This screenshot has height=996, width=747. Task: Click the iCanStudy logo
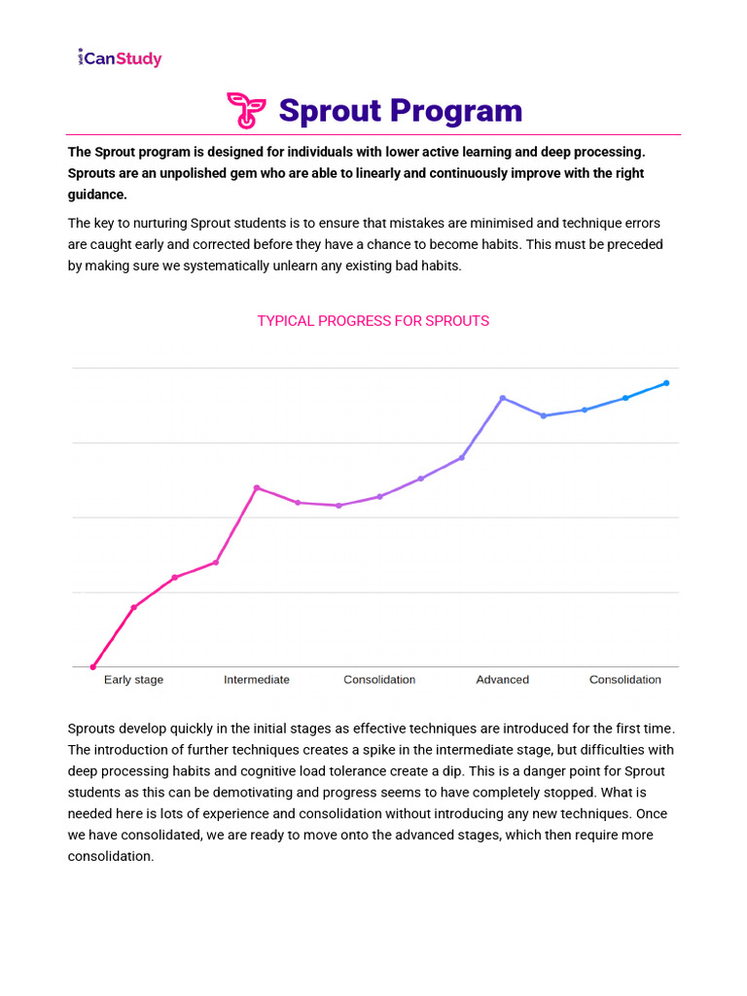tap(120, 58)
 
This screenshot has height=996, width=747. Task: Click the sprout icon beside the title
tap(246, 111)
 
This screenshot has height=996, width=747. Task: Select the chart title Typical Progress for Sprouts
tap(373, 321)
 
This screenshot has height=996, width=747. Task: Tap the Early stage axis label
tap(133, 680)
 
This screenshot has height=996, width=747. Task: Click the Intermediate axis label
tap(257, 680)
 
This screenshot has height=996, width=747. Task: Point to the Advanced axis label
tap(502, 680)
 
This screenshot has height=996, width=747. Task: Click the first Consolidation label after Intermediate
tap(379, 680)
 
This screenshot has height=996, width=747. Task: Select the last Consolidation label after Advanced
tap(624, 680)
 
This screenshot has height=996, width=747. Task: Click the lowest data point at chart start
tap(93, 667)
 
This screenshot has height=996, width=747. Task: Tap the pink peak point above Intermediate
tap(257, 487)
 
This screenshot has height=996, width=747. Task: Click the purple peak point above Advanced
tap(503, 398)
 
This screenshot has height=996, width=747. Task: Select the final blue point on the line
tap(666, 383)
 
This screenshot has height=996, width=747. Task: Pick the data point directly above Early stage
tap(134, 607)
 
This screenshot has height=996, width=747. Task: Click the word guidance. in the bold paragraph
tap(97, 195)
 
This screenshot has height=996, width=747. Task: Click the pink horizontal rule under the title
tap(373, 134)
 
